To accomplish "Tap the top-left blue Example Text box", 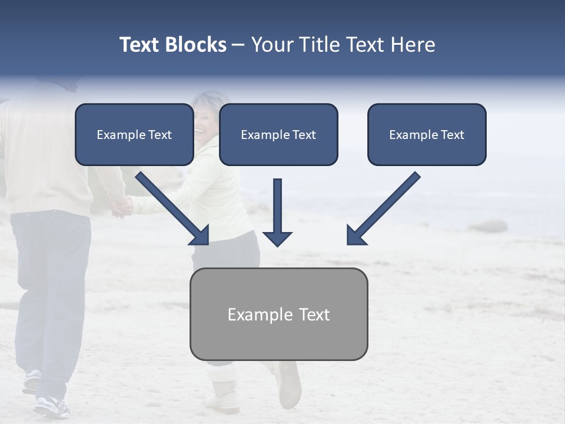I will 134,134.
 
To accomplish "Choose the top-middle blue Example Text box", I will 278,134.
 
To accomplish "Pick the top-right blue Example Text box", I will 427,134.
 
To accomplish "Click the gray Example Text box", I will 278,314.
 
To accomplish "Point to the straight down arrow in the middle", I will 277,212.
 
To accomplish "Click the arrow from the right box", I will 383,209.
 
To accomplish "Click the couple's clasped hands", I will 122,206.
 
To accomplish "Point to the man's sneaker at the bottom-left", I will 51,406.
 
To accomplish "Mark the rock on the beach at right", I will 488,227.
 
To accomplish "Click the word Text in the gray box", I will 314,314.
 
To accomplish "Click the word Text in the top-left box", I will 159,135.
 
